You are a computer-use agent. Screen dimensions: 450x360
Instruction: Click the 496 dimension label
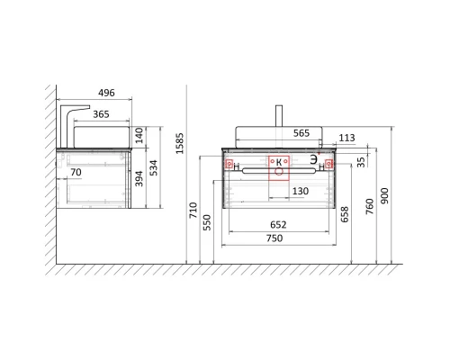point(106,93)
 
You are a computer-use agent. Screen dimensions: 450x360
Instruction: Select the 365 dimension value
point(101,114)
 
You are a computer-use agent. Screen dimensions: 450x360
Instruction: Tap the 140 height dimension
point(139,135)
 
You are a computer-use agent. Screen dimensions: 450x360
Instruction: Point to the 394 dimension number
point(139,178)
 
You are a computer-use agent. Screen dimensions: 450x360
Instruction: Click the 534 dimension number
point(153,167)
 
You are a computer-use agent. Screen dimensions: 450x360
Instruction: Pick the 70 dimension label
point(76,172)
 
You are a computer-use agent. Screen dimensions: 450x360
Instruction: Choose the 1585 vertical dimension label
point(179,143)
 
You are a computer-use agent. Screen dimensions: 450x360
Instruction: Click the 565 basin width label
point(301,133)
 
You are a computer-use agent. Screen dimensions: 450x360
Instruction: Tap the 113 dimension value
point(346,138)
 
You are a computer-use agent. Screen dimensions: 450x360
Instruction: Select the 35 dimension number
point(361,162)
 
